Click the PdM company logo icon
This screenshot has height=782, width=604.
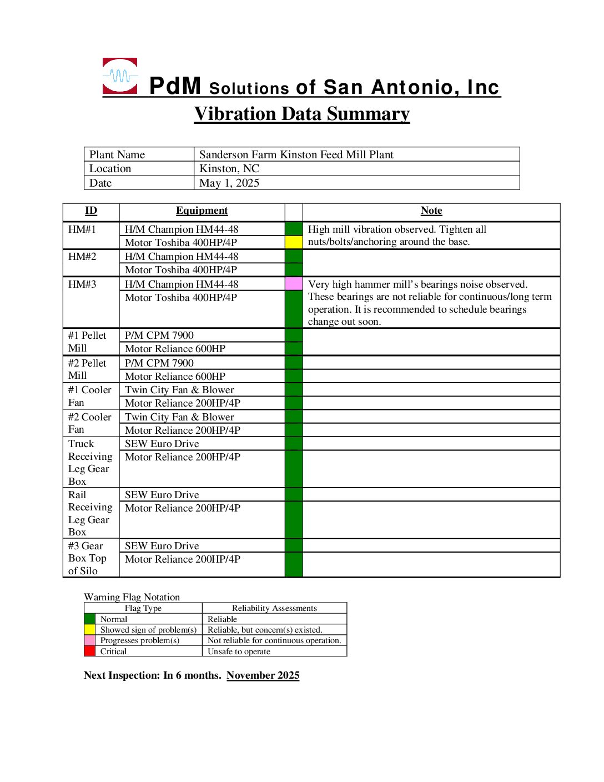point(120,76)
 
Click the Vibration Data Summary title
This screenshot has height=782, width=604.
point(301,114)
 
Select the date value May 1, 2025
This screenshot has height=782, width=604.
point(229,183)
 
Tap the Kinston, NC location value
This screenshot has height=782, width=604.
point(229,169)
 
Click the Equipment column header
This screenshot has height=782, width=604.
point(202,211)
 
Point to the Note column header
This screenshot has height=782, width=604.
point(431,211)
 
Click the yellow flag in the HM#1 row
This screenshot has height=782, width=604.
point(294,242)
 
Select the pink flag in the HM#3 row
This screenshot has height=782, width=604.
point(294,284)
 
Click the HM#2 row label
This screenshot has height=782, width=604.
point(82,257)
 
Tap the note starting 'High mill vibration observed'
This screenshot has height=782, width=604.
point(397,235)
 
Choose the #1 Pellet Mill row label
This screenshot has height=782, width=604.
point(87,342)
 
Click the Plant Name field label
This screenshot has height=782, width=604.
point(117,155)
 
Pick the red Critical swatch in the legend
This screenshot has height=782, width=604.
point(89,651)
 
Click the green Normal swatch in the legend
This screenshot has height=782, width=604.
point(89,619)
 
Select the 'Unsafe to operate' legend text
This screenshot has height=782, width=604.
point(239,651)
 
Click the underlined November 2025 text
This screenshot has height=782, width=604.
point(263,675)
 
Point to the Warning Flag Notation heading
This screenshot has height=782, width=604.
point(132,597)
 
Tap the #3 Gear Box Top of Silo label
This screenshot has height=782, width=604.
point(87,558)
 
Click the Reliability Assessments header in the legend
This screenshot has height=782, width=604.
point(274,609)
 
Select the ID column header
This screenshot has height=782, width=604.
point(91,211)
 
